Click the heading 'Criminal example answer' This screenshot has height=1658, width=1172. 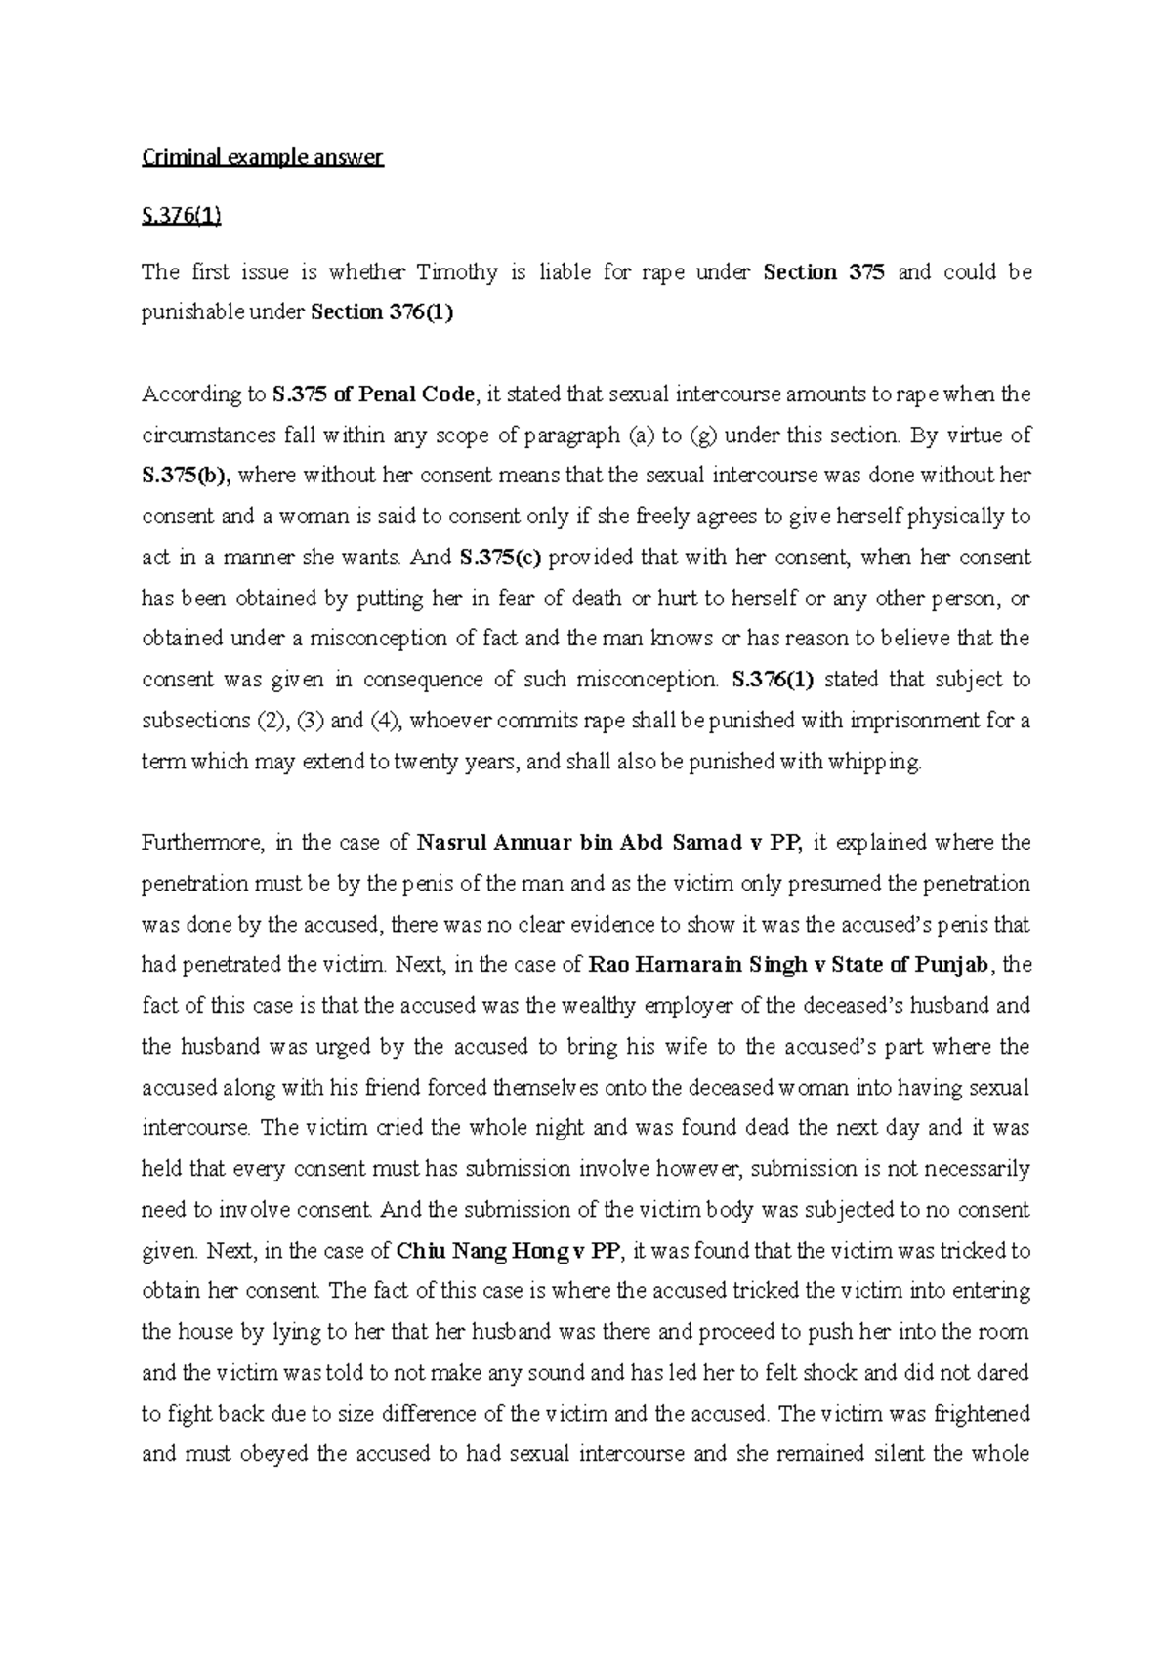click(263, 158)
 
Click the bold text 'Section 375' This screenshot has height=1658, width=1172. click(823, 272)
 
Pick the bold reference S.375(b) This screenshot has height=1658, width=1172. click(186, 477)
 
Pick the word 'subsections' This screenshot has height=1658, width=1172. click(194, 722)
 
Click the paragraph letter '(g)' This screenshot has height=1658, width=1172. click(703, 435)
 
